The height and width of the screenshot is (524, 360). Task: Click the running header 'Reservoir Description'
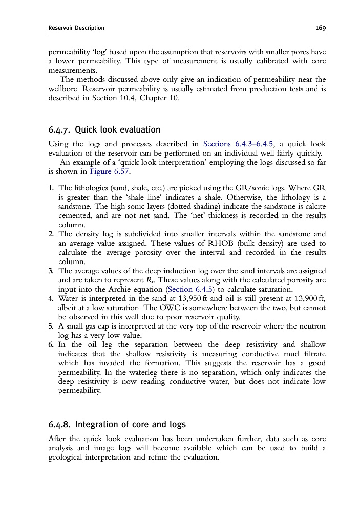click(76, 28)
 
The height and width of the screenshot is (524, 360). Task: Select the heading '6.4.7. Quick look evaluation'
click(104, 129)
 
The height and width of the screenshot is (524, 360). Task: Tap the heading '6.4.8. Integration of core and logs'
click(117, 424)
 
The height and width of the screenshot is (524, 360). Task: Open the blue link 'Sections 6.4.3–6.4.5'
click(238, 144)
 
